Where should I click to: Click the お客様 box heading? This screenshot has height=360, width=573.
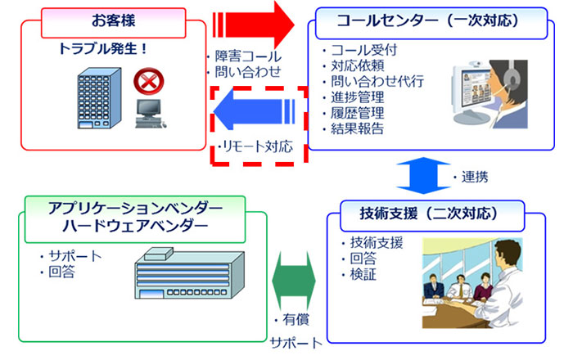coord(113,20)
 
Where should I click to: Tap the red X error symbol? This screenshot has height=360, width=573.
coord(149,82)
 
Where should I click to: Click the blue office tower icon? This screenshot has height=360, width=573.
coord(99,98)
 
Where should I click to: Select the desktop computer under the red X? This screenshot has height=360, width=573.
coord(151,114)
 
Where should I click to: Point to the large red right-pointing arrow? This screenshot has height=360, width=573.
coord(254,25)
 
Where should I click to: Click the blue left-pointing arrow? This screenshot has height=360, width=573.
coord(254,110)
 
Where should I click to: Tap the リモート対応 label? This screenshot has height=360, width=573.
coord(258,146)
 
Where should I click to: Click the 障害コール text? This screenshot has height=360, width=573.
coord(248,56)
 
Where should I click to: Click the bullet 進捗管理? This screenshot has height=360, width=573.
coord(358,97)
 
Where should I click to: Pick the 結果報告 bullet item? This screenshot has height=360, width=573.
coord(358,128)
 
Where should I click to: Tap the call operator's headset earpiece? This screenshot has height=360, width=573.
coord(512,79)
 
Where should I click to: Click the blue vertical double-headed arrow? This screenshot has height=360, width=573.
coord(423,176)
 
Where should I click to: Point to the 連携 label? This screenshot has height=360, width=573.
coord(475,177)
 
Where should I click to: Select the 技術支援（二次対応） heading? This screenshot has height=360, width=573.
coord(429,214)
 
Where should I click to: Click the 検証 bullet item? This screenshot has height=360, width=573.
coord(363,274)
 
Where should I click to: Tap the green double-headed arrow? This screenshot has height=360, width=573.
coord(294,281)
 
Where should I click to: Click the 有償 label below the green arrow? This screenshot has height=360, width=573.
coord(296,320)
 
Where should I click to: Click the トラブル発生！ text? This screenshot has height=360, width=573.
coord(102,48)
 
